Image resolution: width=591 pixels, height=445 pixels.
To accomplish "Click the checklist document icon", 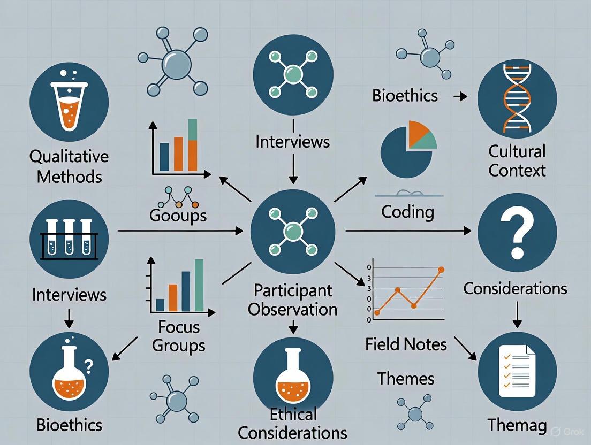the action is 517,370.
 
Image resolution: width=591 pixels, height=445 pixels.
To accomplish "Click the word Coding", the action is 407,212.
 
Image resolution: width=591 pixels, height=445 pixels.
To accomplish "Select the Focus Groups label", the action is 178,336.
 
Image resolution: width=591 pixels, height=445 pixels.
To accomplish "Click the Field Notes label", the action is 406,343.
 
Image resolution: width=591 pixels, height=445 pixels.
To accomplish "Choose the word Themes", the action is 405,379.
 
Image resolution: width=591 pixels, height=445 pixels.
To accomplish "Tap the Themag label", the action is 517,426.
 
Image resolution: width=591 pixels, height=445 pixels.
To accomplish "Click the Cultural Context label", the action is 517,160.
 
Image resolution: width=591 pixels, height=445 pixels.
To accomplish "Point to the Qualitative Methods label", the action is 69,166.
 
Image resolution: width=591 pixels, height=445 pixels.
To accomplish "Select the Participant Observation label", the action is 293,300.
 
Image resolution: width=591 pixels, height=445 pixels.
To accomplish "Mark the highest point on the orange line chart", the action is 441,270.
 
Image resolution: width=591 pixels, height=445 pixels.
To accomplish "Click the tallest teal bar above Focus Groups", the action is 199,285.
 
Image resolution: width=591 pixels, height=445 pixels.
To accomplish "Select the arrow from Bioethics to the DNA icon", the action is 459,97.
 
